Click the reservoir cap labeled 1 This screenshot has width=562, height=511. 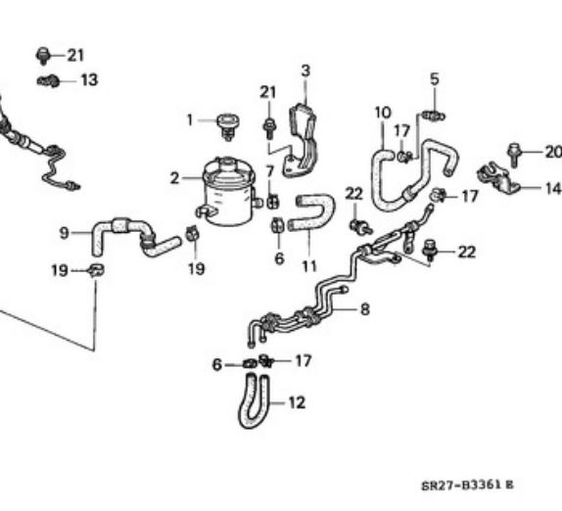228,126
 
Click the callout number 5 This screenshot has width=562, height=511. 435,79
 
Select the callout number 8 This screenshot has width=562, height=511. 365,309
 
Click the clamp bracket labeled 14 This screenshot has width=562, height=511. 498,178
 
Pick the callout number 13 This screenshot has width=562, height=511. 89,80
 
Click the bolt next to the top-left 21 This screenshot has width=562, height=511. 43,56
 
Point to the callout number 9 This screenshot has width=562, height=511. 64,233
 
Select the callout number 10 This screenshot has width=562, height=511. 383,113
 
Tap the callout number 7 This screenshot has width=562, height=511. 270,171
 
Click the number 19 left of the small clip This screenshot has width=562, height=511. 60,270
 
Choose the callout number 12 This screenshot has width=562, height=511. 297,402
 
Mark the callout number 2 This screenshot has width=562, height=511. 174,178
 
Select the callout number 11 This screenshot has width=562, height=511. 309,266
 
